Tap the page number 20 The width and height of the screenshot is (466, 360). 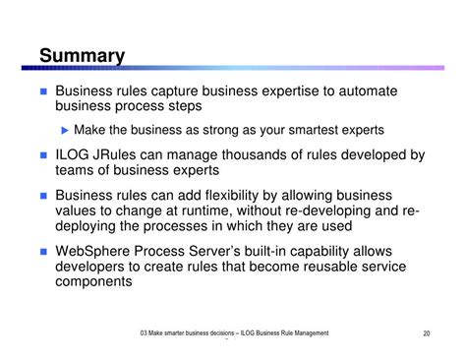427,335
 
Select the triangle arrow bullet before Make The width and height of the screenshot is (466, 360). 66,130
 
